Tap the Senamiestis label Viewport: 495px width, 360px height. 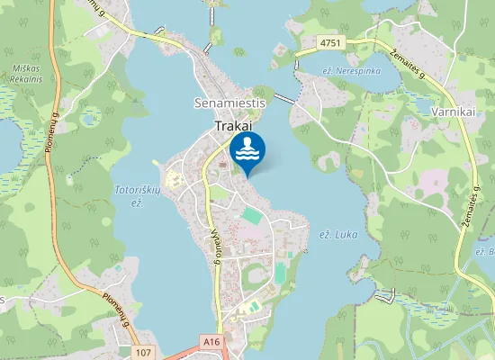pyautogui.click(x=229, y=103)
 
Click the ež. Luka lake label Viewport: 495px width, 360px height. pyautogui.click(x=340, y=234)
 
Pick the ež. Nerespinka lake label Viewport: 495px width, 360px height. pyautogui.click(x=352, y=70)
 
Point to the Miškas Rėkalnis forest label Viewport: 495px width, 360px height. pyautogui.click(x=27, y=73)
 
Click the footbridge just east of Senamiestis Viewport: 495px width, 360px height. pyautogui.click(x=285, y=98)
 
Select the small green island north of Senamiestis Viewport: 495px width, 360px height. pyautogui.click(x=215, y=37)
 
